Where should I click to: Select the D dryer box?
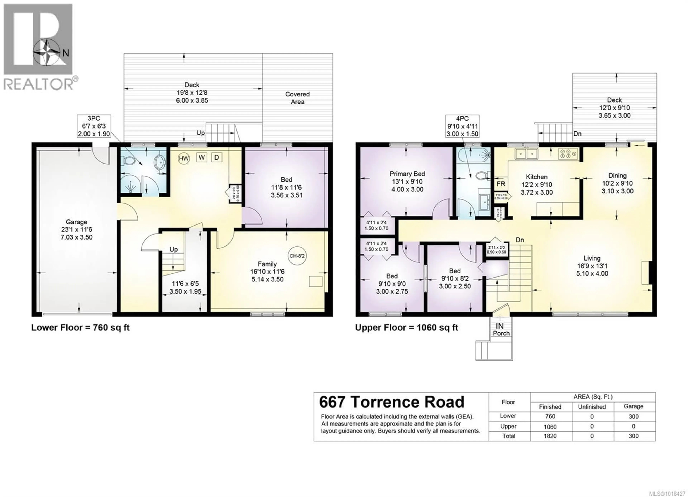[217, 157]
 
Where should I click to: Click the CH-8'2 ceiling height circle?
[297, 256]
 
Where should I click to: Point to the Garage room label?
[77, 222]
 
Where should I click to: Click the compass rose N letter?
[66, 53]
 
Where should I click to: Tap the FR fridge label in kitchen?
[501, 184]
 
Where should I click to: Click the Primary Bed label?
[407, 174]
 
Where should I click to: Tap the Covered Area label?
[297, 98]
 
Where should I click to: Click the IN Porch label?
[501, 329]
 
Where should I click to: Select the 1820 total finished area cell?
[550, 436]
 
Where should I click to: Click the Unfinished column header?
[592, 406]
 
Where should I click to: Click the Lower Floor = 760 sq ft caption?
[80, 328]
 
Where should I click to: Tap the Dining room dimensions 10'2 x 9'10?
[617, 183]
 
